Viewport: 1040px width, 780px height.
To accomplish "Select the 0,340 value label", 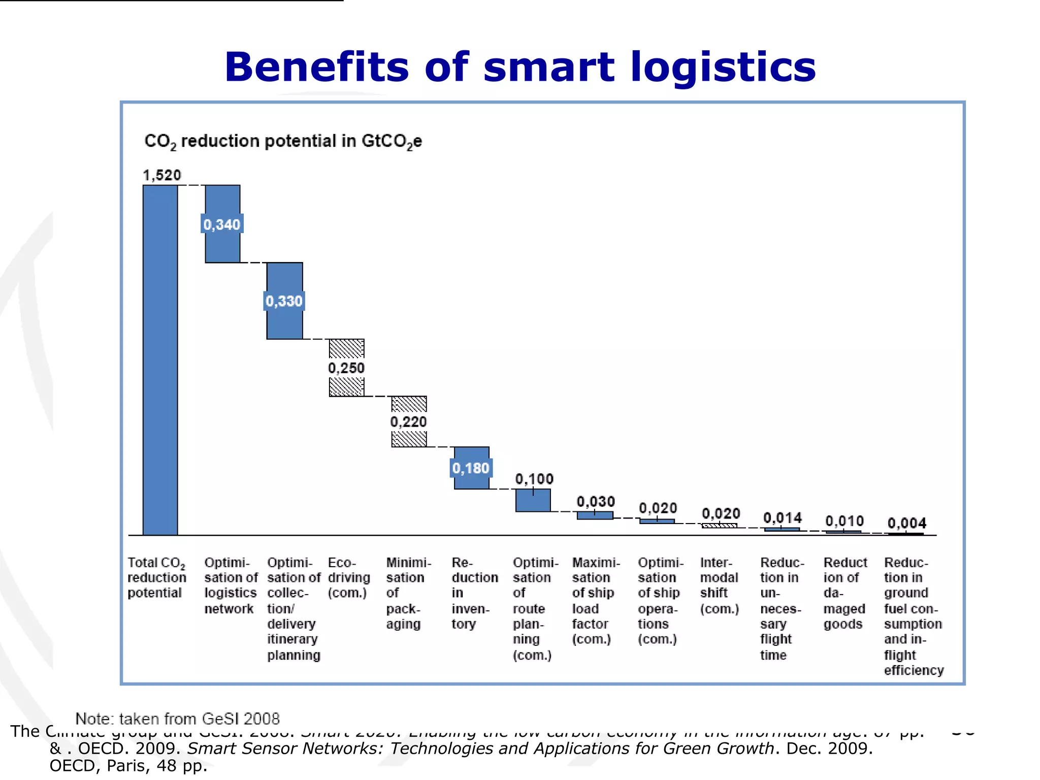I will click(222, 224).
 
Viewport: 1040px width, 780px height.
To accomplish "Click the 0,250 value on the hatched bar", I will click(346, 368).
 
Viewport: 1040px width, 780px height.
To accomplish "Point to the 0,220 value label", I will click(409, 421).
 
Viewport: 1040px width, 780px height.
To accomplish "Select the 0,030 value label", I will click(596, 502).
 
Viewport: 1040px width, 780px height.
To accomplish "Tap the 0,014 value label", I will click(783, 518).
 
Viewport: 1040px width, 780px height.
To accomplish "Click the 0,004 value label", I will click(907, 523).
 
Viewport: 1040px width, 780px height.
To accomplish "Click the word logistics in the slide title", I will click(723, 67).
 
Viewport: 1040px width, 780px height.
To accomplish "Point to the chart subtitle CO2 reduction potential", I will click(283, 141).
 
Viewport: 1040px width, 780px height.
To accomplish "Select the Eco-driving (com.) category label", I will click(348, 577).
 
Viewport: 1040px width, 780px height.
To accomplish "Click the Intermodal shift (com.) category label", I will click(719, 585).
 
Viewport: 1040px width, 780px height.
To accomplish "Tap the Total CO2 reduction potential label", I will click(156, 577).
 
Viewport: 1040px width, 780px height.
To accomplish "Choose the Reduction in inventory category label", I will click(474, 593).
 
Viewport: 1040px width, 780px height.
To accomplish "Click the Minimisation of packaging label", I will click(408, 593).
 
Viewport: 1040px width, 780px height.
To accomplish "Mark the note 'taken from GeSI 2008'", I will click(177, 719).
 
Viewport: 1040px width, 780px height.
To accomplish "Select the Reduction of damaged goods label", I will click(845, 593).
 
